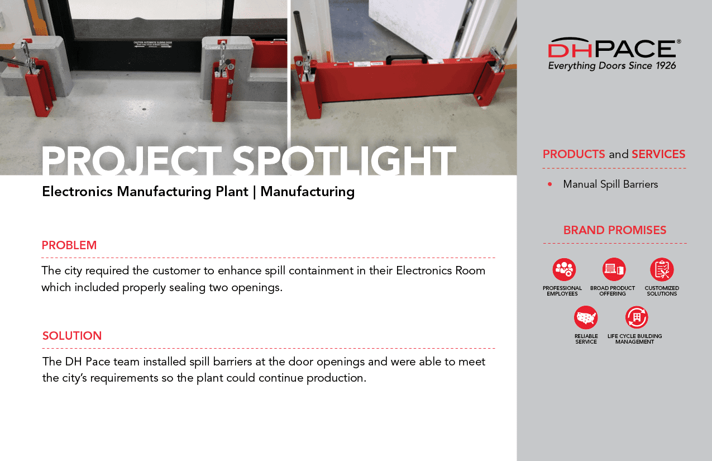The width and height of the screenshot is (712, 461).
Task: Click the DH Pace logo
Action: (x=614, y=54)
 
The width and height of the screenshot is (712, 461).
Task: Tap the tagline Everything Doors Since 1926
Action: (x=612, y=66)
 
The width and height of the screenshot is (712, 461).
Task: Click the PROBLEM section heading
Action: (x=69, y=245)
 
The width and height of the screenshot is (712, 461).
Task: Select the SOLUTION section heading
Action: (x=72, y=336)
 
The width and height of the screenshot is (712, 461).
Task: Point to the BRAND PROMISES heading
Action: (x=615, y=230)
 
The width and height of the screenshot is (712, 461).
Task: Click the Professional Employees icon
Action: (x=564, y=269)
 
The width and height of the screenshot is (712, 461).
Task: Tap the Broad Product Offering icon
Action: (x=614, y=269)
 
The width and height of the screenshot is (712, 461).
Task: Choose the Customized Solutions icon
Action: (x=662, y=269)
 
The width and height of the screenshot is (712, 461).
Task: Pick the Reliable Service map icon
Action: (x=586, y=317)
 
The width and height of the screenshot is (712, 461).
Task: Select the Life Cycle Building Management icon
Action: (x=637, y=317)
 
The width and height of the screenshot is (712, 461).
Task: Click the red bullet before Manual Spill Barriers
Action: (x=550, y=184)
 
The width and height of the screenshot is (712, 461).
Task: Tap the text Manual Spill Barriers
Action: (x=610, y=184)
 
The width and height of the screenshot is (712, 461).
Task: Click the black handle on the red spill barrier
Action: (x=407, y=59)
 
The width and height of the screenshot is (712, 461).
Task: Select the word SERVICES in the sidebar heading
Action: (x=658, y=154)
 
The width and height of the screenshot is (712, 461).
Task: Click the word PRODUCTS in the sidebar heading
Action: (x=574, y=154)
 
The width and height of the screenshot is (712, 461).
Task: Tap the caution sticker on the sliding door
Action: (x=152, y=44)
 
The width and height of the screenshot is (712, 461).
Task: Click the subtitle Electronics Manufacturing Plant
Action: (x=145, y=192)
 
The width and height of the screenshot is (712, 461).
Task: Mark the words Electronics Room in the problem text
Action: (x=441, y=270)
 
